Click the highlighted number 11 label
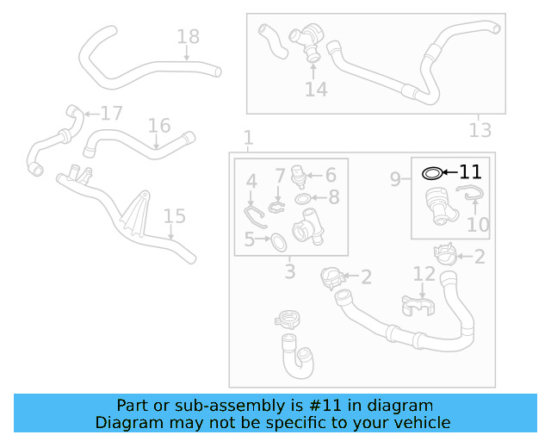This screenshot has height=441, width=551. (470, 172)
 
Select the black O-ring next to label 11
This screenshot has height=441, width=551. (433, 173)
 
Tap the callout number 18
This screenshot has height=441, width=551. (188, 36)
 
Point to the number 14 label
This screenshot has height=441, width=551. (316, 89)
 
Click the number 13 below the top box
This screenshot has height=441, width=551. (480, 130)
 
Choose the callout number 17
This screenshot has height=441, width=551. (112, 113)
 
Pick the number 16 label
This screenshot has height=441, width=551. (159, 127)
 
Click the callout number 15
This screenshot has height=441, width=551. (174, 216)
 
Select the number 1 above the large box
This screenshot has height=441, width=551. (248, 138)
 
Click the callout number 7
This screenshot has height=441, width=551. (280, 176)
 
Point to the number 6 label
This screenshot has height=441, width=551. (330, 175)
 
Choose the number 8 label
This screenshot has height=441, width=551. (333, 197)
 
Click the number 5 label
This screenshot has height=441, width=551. (250, 239)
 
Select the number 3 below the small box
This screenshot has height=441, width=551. (290, 272)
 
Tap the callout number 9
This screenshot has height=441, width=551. (395, 179)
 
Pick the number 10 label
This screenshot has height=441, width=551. (478, 225)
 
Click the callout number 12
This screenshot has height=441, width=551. (424, 274)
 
